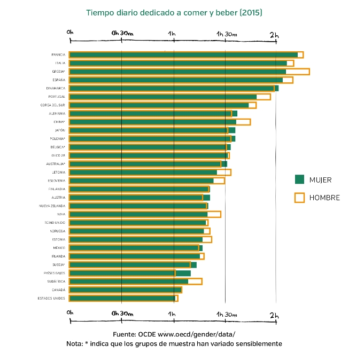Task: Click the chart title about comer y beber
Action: [174, 12]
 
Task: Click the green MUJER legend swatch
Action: [299, 179]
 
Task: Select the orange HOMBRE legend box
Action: [299, 198]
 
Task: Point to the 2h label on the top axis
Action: [274, 34]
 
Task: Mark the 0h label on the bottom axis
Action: [70, 312]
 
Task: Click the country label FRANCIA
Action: [58, 55]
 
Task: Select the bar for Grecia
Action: [176, 72]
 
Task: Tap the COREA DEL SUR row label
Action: [53, 105]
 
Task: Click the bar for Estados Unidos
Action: [123, 298]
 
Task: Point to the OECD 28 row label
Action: [58, 155]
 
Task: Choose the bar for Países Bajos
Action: [128, 273]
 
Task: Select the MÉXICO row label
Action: [59, 248]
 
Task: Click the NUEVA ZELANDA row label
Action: [52, 206]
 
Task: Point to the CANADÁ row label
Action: [58, 290]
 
